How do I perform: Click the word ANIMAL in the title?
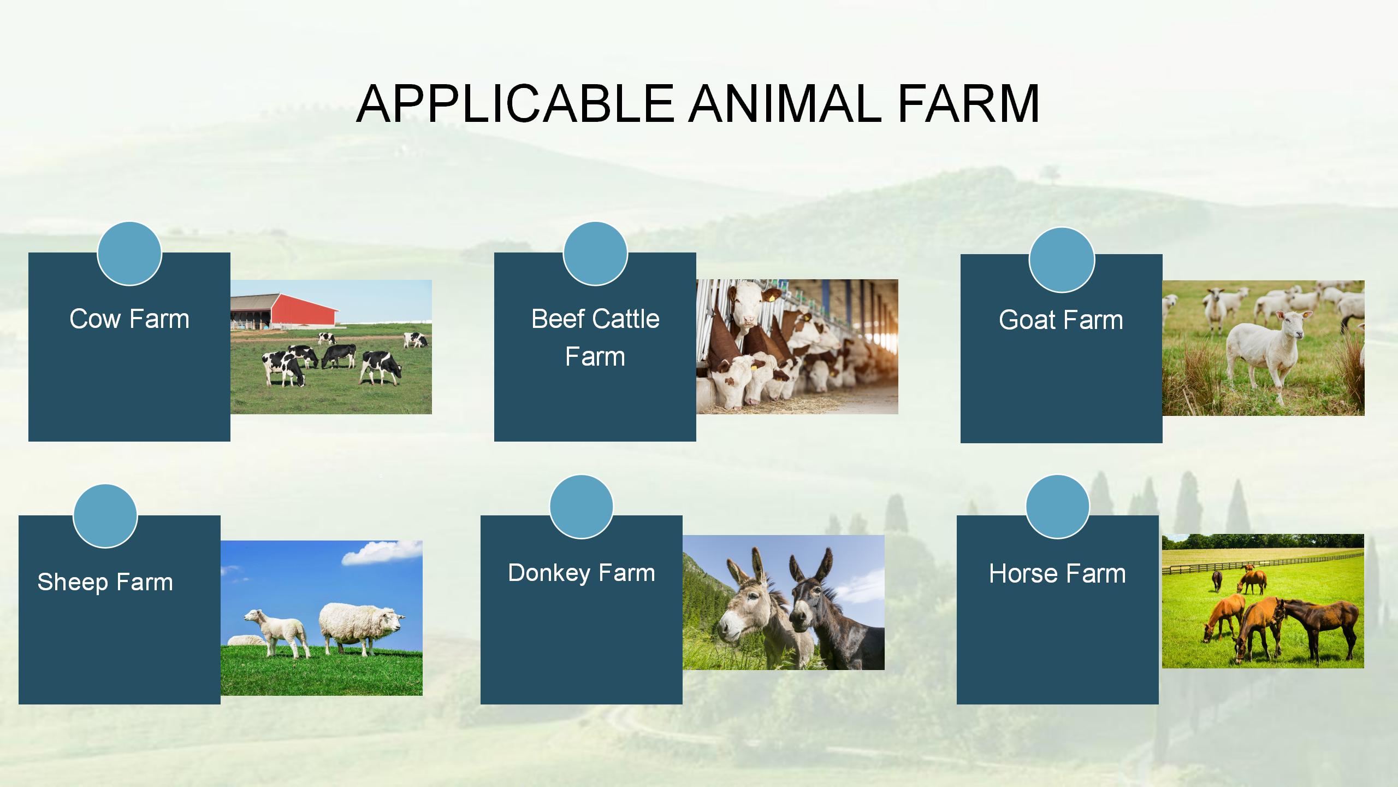pos(785,103)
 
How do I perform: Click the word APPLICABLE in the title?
pos(516,103)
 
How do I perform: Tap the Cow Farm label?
pos(129,319)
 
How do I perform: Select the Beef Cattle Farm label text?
pos(595,337)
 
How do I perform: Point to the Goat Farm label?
pos(1061,320)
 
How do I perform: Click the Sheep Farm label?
pos(105,582)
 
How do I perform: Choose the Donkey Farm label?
pos(582,573)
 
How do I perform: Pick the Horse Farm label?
pos(1058,574)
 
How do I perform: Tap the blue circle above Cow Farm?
pos(129,253)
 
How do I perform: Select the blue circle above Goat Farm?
pos(1062,260)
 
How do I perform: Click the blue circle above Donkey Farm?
pos(582,507)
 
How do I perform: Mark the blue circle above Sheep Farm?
pos(105,516)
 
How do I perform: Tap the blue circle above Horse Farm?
pos(1058,507)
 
